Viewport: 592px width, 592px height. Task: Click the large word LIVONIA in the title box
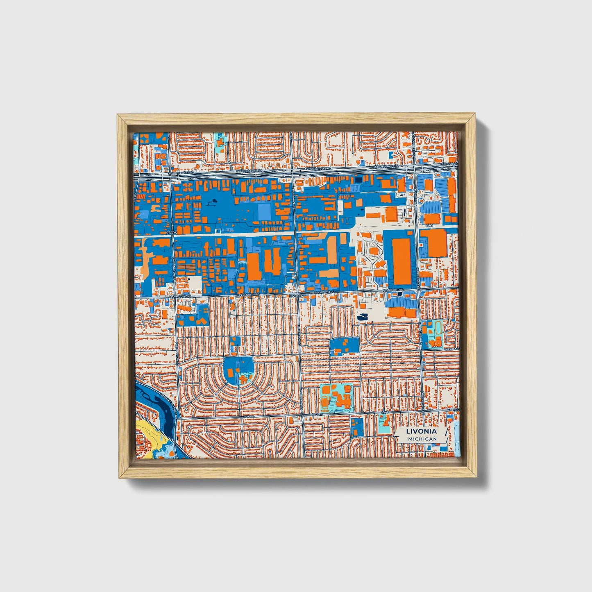pyautogui.click(x=422, y=431)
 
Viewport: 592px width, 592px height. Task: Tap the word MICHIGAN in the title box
pyautogui.click(x=422, y=439)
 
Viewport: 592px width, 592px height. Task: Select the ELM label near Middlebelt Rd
pyautogui.click(x=429, y=226)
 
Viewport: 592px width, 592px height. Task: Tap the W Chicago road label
pyautogui.click(x=453, y=349)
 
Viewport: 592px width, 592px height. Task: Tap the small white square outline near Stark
pyautogui.click(x=217, y=231)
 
